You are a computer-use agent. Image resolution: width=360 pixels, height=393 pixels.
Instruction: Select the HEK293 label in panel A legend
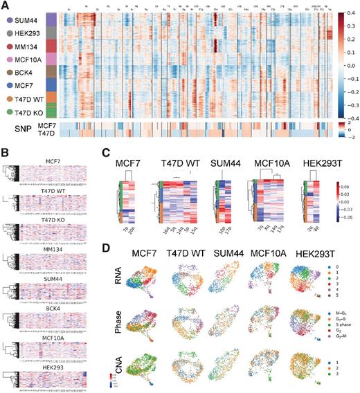27,33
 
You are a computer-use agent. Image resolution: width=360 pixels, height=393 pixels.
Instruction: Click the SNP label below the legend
19,128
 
